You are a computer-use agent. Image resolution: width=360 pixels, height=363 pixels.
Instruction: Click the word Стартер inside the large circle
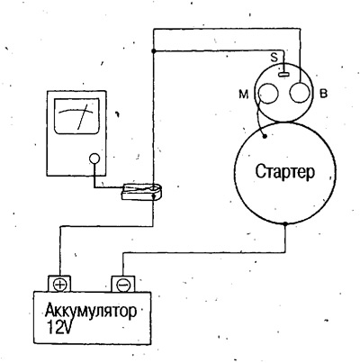tap(284, 172)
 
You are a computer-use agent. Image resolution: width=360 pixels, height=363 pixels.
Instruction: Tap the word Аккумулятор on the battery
tap(91, 312)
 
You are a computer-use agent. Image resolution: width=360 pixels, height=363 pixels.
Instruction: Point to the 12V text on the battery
tap(60, 329)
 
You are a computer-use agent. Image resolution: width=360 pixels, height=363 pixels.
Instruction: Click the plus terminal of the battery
tap(60, 284)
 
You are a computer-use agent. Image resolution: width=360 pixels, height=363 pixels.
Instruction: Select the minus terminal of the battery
tap(122, 284)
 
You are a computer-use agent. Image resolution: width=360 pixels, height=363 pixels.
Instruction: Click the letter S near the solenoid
tap(274, 58)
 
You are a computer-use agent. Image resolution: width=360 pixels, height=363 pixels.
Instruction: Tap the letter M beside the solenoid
tap(244, 95)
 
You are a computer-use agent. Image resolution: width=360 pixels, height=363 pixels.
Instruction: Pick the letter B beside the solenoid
tap(323, 95)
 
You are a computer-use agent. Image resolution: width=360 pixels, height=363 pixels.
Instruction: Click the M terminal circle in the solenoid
tap(267, 94)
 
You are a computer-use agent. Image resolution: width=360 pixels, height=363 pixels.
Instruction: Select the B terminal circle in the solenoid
tap(299, 93)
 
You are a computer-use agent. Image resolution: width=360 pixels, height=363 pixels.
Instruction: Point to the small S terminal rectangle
tap(283, 73)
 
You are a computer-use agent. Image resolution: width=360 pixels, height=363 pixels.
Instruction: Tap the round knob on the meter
tap(94, 159)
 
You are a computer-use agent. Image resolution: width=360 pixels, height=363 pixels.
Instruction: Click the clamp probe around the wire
tap(141, 193)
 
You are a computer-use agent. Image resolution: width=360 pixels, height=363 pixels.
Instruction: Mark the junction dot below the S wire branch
tap(153, 51)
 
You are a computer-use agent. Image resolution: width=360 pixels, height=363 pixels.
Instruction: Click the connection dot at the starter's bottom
tap(285, 223)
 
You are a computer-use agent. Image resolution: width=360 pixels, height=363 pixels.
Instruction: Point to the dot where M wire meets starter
tap(265, 137)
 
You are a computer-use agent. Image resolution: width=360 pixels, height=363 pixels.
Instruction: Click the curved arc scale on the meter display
tap(76, 111)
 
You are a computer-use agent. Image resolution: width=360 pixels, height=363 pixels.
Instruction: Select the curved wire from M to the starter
tap(258, 115)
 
